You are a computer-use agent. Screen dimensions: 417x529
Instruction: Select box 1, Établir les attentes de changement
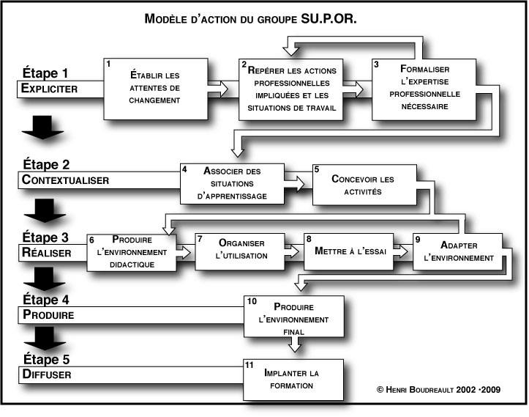(x=154, y=89)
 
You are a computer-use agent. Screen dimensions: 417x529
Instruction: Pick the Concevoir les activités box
(x=362, y=185)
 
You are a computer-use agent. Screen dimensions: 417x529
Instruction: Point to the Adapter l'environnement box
(x=458, y=251)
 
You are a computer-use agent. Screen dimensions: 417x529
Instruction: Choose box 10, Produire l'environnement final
(x=292, y=317)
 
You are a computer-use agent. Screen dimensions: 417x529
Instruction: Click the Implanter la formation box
(x=292, y=378)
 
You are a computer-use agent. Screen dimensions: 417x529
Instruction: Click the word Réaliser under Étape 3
(x=46, y=252)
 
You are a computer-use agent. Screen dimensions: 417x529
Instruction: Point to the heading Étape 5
(x=45, y=359)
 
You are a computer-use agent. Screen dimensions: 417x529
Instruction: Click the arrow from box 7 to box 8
(x=293, y=251)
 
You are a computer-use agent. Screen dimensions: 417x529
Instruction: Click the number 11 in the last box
(x=251, y=364)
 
